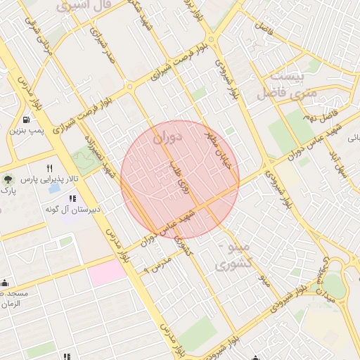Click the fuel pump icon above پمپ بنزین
coord(26,120)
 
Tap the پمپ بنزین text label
coord(27,131)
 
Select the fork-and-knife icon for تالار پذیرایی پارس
coord(49,169)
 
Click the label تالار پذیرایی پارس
coord(48,180)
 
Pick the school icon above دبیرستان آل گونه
coord(72,200)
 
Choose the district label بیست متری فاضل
coord(288,84)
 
